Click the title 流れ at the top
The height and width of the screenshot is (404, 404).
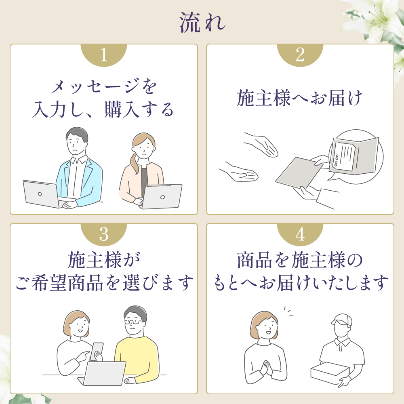202,23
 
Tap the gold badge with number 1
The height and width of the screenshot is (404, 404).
104,55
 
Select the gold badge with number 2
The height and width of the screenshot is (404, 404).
300,55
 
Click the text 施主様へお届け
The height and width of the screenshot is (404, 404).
300,99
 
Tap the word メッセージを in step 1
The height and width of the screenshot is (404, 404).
104,87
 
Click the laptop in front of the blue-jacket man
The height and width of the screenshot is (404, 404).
41,194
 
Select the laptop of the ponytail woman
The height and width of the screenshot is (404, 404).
162,196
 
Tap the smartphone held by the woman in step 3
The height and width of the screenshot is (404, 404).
97,350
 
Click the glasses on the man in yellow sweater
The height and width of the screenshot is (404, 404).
133,322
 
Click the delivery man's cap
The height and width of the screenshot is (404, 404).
341,320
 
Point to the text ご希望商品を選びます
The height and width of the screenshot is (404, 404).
104,283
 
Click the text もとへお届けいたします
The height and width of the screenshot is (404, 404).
300,283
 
